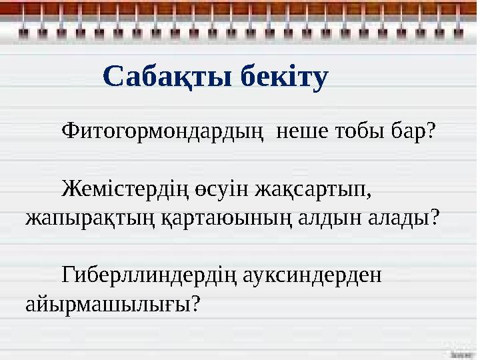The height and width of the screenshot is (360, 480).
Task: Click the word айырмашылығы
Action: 107,305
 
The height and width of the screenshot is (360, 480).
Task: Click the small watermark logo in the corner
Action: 459,348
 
